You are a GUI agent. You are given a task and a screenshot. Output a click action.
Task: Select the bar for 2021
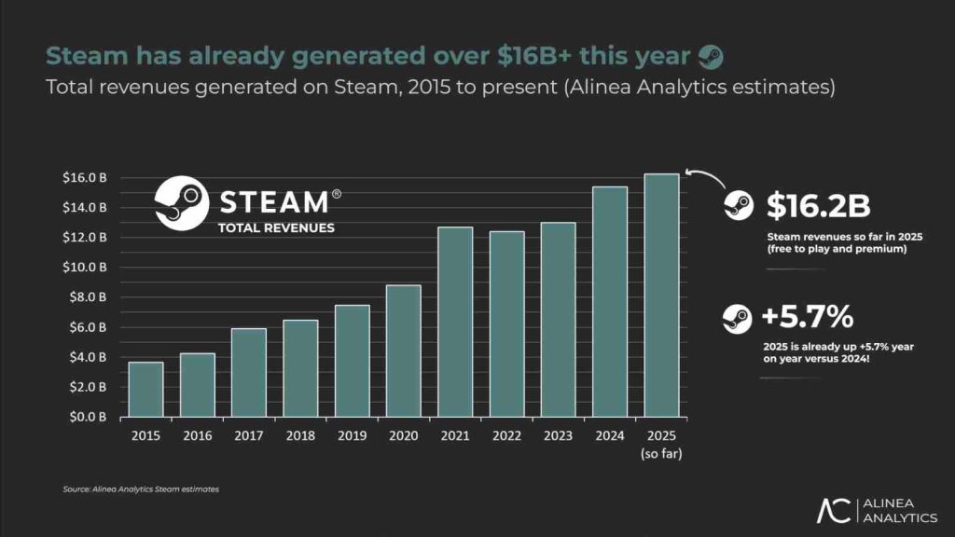tap(455, 322)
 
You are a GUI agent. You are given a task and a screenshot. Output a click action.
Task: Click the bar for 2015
tap(145, 389)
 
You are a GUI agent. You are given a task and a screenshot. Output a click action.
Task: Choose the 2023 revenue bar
tap(558, 319)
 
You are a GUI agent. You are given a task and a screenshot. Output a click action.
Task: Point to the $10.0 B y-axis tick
tap(91, 267)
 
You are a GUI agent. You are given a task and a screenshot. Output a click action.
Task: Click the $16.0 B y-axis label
tap(91, 177)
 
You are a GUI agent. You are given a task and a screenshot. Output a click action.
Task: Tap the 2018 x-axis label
tap(300, 434)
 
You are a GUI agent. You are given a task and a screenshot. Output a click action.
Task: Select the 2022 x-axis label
tap(506, 434)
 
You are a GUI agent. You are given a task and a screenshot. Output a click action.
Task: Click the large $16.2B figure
tap(818, 206)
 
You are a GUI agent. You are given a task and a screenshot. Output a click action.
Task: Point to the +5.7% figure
tap(808, 318)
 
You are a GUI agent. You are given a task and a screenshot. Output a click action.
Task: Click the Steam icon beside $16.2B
tap(738, 206)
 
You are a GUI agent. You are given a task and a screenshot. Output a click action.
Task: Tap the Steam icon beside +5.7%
tap(737, 320)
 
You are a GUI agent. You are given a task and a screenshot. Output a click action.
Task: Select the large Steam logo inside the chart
tap(180, 202)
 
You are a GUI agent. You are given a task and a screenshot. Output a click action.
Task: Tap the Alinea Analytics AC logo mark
tap(833, 511)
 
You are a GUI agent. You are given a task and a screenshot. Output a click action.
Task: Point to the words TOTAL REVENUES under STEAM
tap(275, 227)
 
